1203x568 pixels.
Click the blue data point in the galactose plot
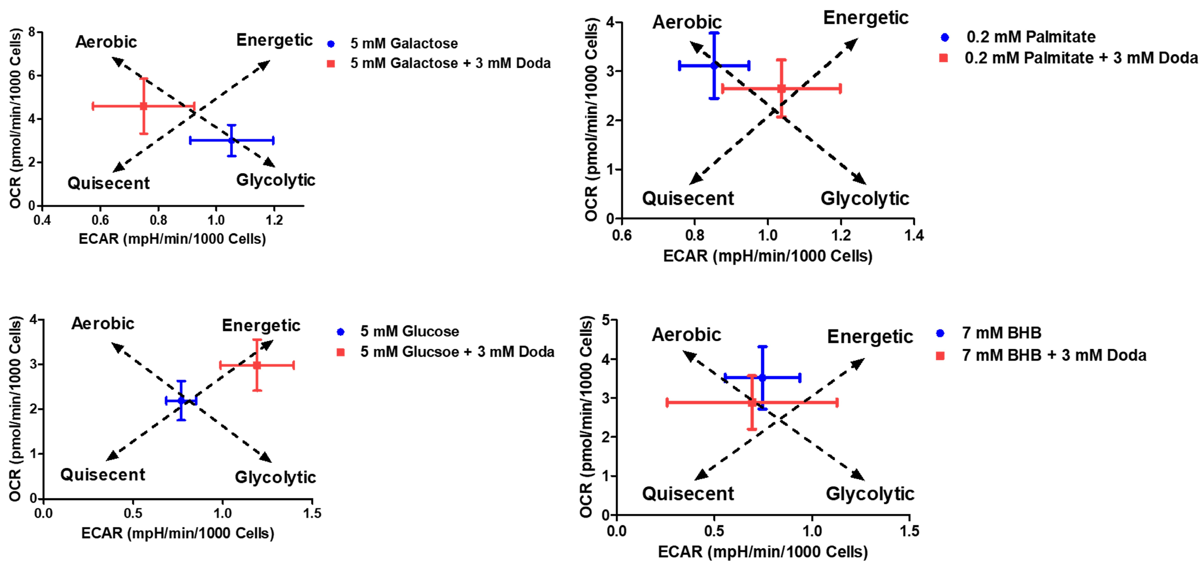(232, 140)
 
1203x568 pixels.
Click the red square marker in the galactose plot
(143, 107)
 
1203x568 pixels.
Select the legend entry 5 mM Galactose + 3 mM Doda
(450, 63)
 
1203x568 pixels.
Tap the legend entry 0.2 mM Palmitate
(1030, 37)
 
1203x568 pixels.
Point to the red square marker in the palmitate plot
(781, 88)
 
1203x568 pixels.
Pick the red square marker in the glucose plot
(257, 365)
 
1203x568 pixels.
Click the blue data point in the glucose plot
(181, 401)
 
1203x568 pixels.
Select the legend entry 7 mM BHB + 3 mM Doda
(1053, 355)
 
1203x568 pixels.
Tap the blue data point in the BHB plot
(762, 377)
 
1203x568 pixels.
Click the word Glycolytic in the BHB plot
(870, 494)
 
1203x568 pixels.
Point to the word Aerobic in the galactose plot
(106, 42)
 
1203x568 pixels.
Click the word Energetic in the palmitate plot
(865, 18)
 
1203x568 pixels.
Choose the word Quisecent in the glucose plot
(103, 475)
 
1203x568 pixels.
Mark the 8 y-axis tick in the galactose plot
(32, 32)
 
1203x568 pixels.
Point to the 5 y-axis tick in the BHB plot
(606, 320)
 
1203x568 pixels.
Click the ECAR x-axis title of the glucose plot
(178, 533)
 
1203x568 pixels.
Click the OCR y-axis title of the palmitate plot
(591, 119)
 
